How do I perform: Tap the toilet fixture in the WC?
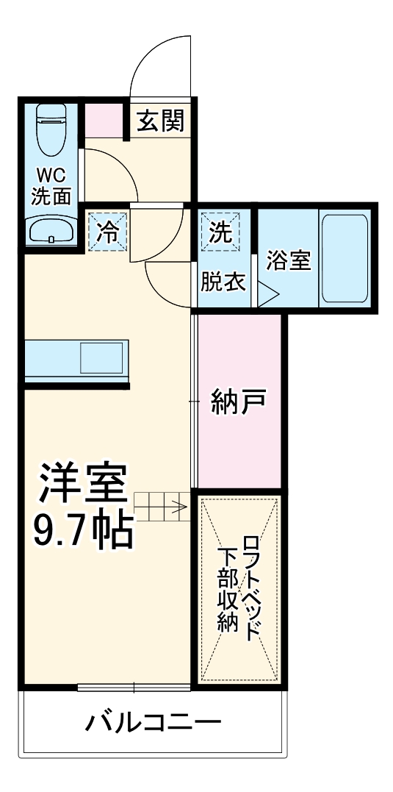coord(51,129)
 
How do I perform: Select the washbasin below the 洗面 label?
coord(51,231)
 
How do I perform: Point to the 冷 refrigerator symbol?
coord(108,232)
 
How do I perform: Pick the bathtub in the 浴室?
coord(344,259)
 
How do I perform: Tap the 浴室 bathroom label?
coord(288,261)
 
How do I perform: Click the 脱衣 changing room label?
coord(223,281)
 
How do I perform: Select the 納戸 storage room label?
coord(237,401)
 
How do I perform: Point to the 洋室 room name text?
coord(84,485)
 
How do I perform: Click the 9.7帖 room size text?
coord(84,528)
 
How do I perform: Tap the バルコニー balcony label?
coord(153,722)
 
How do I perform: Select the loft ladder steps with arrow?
coord(162,506)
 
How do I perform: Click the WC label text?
coord(51,176)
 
